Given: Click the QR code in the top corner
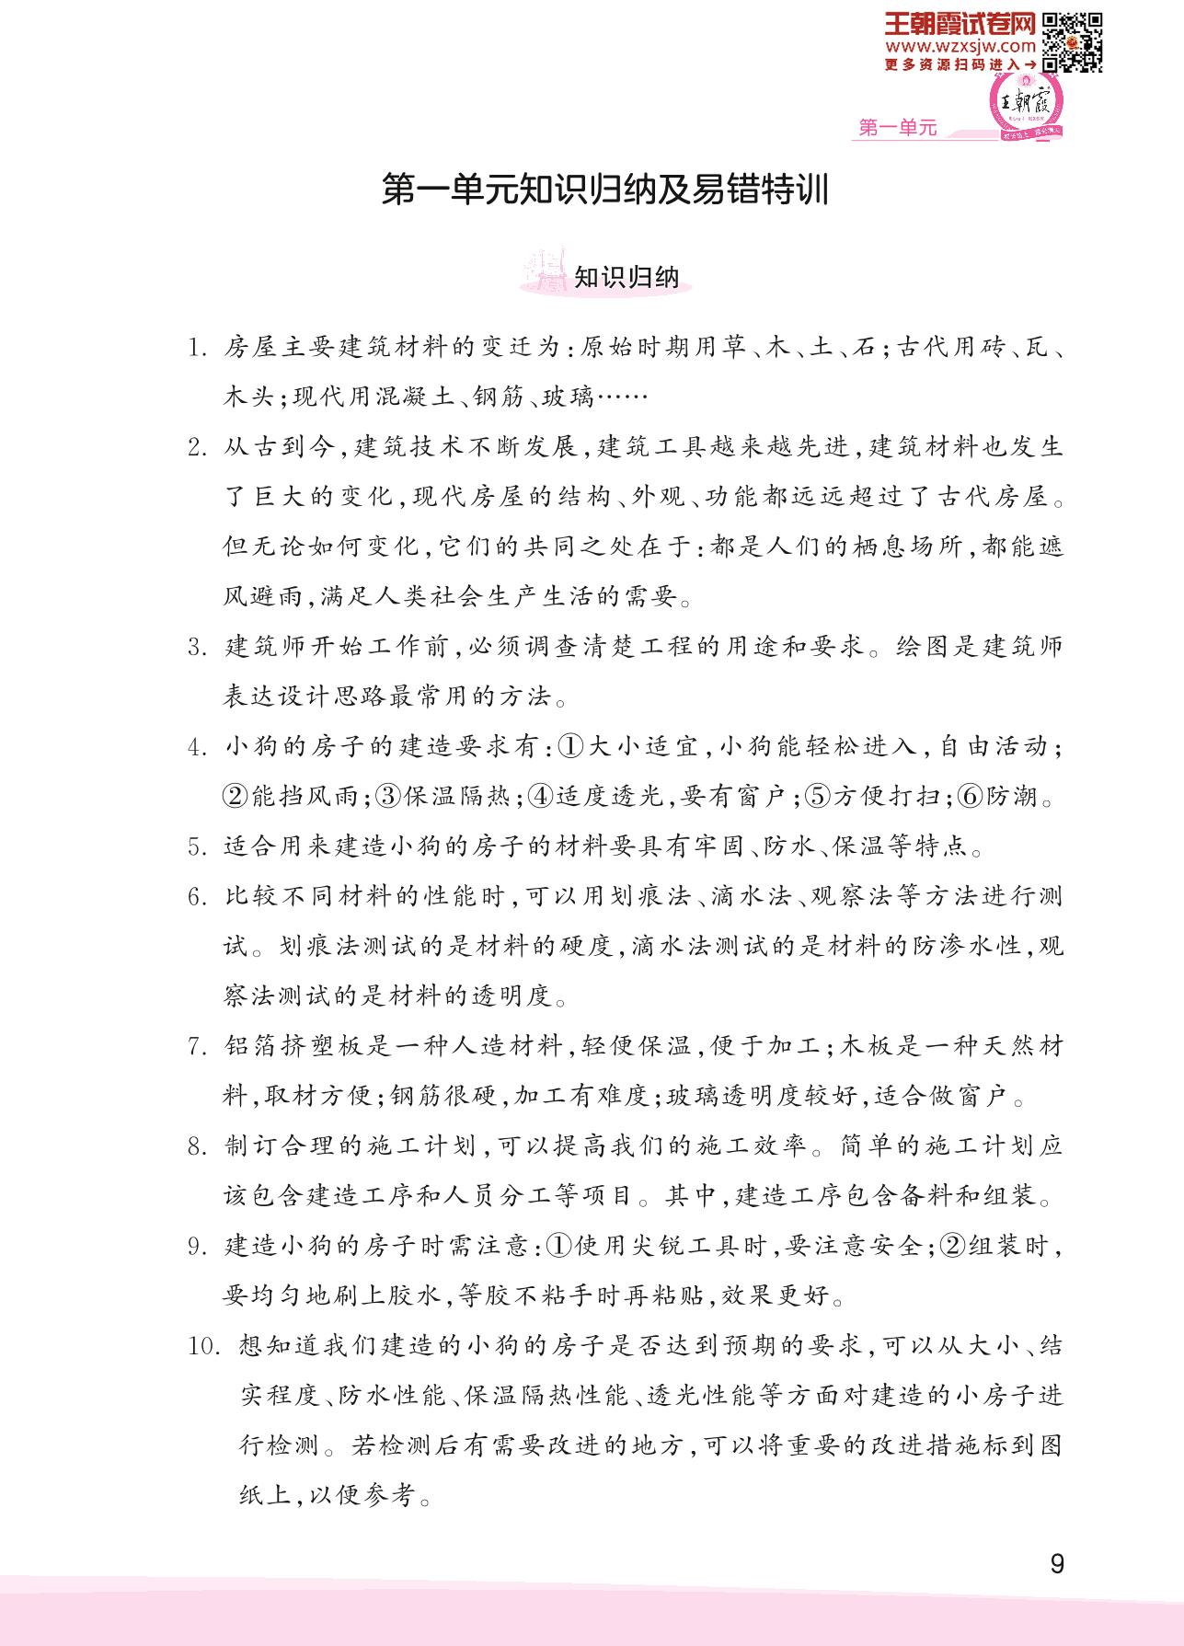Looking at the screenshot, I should point(1073,41).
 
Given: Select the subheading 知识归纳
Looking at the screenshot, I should point(626,276).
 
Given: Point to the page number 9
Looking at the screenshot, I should point(1056,1564).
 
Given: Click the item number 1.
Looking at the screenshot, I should point(195,349).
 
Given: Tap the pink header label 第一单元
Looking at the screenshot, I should point(897,129).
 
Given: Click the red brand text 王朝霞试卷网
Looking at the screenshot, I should point(960,22).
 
